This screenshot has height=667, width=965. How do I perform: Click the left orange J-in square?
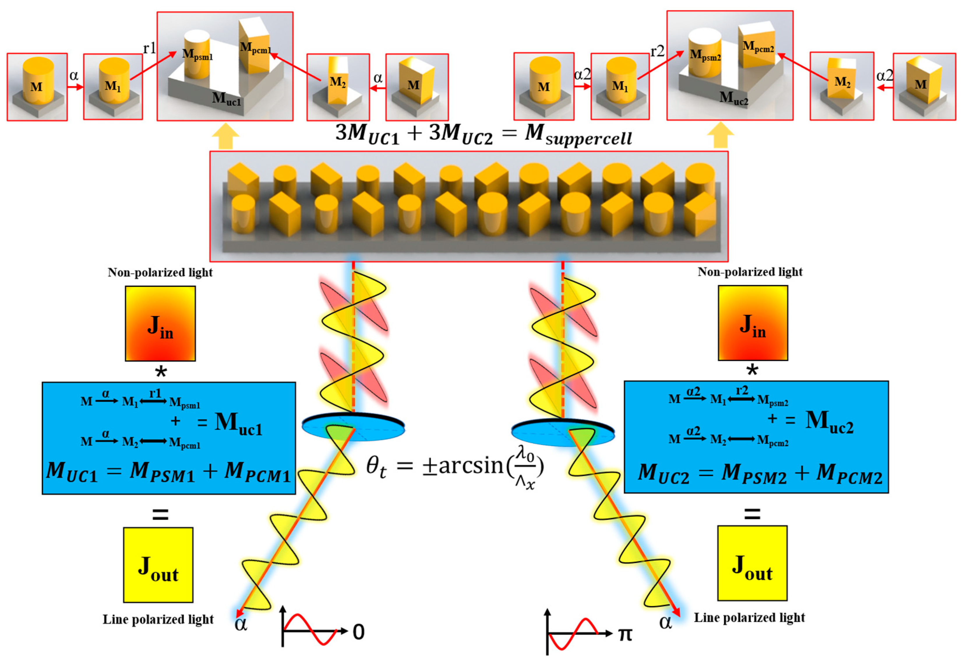click(x=160, y=324)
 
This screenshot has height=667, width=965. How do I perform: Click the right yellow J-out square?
click(x=752, y=563)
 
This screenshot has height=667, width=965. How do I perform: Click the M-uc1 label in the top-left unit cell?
click(x=226, y=99)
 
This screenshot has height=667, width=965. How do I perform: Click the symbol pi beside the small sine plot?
click(x=625, y=634)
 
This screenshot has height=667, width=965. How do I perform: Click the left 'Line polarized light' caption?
click(x=158, y=619)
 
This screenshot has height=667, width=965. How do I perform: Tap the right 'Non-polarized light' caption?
click(x=750, y=272)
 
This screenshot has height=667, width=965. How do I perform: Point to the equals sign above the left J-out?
click(x=160, y=514)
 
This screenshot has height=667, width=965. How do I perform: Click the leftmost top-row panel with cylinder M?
click(x=37, y=87)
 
